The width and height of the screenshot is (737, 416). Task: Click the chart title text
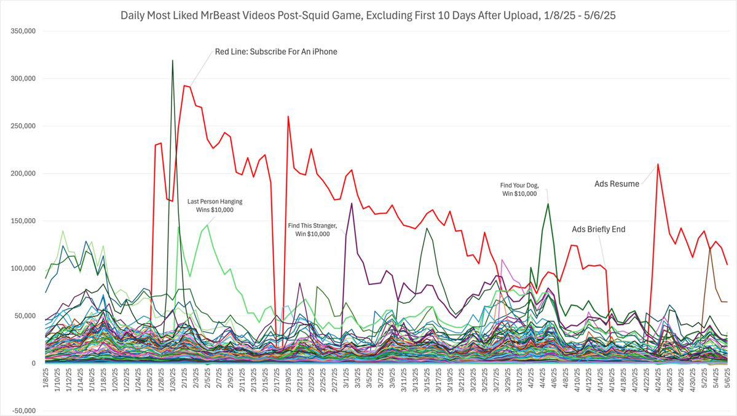pyautogui.click(x=368, y=14)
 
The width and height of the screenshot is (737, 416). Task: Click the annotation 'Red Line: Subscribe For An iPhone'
pyautogui.click(x=276, y=52)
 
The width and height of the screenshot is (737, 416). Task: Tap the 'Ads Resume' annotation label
pyautogui.click(x=617, y=184)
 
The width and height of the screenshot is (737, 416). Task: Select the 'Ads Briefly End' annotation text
pyautogui.click(x=598, y=229)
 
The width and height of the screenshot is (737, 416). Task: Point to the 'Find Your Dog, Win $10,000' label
pyautogui.click(x=518, y=189)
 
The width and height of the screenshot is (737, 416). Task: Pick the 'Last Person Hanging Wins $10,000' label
pyautogui.click(x=215, y=205)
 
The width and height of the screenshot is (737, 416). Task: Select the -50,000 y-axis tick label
pyautogui.click(x=23, y=411)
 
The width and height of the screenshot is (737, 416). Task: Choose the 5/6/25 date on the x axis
pyautogui.click(x=727, y=382)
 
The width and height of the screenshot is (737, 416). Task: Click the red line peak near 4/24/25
pyautogui.click(x=658, y=164)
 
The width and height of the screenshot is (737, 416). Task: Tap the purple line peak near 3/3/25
pyautogui.click(x=352, y=203)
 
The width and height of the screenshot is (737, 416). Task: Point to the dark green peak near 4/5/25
pyautogui.click(x=548, y=204)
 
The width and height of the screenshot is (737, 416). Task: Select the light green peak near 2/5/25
pyautogui.click(x=208, y=226)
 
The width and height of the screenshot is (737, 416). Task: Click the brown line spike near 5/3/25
pyautogui.click(x=710, y=247)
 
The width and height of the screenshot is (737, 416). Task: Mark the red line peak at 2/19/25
pyautogui.click(x=288, y=117)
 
